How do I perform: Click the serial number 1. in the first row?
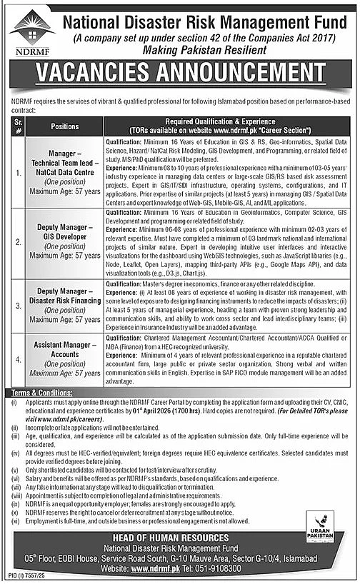(x=18, y=172)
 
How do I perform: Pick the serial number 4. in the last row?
(x=18, y=361)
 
